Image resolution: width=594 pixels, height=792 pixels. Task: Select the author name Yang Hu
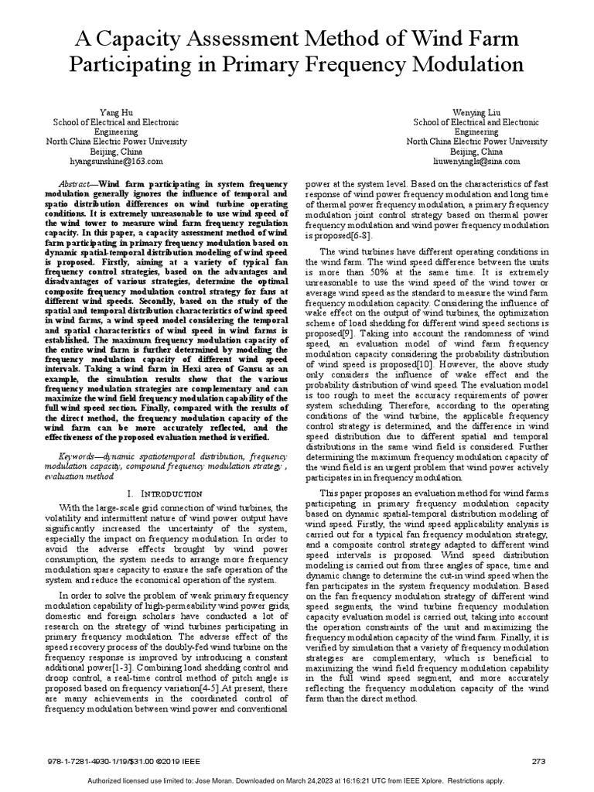tap(116, 113)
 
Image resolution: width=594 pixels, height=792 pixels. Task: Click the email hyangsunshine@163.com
tap(115, 162)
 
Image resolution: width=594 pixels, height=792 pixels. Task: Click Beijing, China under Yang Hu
tap(115, 152)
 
